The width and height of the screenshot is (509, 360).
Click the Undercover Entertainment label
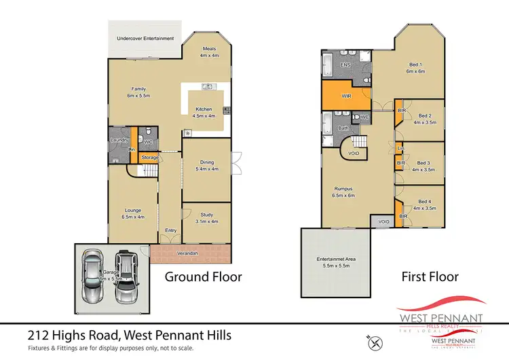click(x=145, y=38)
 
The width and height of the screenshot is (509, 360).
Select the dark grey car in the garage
click(x=125, y=276)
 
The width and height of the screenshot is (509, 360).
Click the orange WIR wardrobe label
click(x=345, y=97)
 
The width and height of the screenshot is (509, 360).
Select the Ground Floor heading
click(x=204, y=277)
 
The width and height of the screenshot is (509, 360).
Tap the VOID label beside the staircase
click(x=354, y=154)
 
